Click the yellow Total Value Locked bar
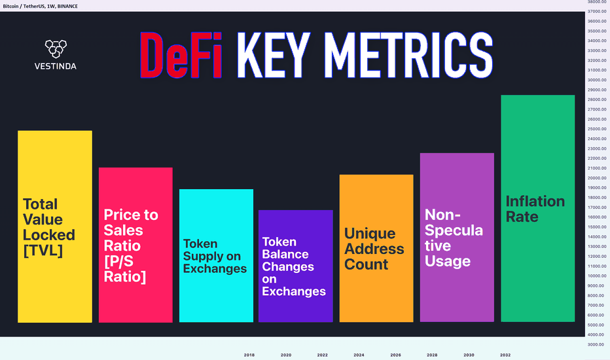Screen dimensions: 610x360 point(55,226)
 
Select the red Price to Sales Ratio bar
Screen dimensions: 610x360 point(135,245)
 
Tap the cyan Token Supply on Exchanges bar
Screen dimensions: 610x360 point(216,256)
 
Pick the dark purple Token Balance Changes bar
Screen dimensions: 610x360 point(296,266)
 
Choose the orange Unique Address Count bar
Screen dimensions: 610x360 point(376,248)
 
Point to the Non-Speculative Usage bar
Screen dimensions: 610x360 point(457,238)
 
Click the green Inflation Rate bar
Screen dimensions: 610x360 point(537,208)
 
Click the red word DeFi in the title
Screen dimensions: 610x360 point(181,55)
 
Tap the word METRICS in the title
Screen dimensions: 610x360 point(408,55)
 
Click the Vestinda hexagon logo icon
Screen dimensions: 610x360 point(56,48)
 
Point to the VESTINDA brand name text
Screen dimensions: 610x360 point(55,66)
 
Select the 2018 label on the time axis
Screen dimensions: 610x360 point(249,355)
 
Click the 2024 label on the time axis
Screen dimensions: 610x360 point(359,355)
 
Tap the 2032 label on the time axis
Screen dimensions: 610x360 point(505,355)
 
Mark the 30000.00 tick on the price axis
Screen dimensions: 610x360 point(597,80)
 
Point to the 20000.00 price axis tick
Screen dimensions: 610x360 point(597,178)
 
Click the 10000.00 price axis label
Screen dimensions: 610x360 point(597,276)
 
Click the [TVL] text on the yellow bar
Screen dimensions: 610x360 point(43,250)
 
